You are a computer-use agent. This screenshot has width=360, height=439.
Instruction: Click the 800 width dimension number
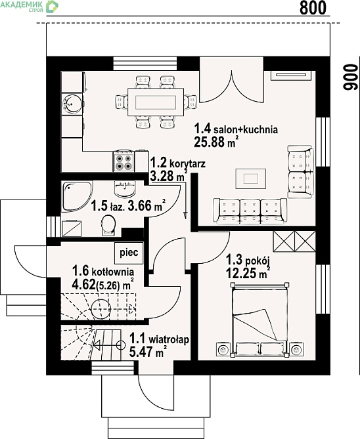[x=313, y=8]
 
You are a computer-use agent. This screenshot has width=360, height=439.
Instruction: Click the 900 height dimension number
[x=351, y=77]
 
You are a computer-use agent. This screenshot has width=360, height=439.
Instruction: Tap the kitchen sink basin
[x=72, y=104]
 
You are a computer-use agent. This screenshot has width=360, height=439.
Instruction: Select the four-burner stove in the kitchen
[x=124, y=161]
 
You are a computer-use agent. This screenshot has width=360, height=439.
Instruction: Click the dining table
[x=156, y=102]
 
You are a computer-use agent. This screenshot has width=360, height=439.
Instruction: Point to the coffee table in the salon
[x=251, y=178]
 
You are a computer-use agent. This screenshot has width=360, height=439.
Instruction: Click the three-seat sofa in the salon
[x=250, y=211]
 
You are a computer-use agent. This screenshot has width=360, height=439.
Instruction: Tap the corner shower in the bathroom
[x=77, y=196]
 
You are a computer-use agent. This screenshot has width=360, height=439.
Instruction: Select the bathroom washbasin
[x=125, y=188]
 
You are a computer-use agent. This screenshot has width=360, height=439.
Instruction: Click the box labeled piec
[x=129, y=253]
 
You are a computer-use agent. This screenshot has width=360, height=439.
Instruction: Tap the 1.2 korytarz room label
[x=178, y=163]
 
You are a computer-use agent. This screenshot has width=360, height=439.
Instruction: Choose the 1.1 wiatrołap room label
[x=159, y=339]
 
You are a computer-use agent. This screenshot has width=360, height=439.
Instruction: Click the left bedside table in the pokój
[x=223, y=349]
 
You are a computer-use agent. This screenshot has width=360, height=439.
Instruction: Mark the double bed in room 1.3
[x=259, y=320]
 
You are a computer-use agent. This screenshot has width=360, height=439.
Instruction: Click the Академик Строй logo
[x=29, y=7]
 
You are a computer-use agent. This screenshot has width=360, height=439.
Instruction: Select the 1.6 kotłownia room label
[x=103, y=271]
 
